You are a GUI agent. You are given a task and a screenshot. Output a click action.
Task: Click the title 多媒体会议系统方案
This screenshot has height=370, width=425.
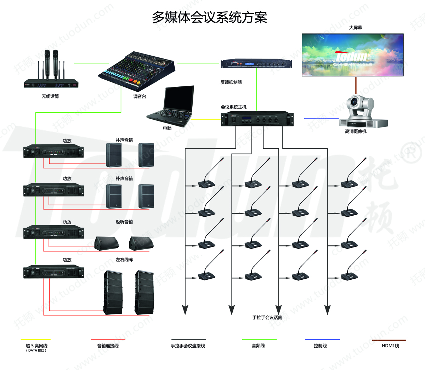(209, 17)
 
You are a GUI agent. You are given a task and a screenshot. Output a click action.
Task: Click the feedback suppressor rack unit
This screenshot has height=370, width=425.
(256, 64)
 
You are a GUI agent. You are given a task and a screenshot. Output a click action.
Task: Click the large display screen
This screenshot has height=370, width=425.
(352, 55)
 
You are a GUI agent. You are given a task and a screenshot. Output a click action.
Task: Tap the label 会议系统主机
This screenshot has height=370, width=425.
(233, 107)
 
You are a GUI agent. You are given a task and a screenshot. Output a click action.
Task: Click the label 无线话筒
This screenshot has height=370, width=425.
(50, 96)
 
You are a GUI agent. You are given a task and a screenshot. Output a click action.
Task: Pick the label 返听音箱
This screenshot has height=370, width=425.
(124, 222)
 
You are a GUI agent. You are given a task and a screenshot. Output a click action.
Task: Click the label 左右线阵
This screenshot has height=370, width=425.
(124, 260)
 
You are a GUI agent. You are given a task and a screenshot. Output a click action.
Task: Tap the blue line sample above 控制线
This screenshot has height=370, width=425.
(322, 340)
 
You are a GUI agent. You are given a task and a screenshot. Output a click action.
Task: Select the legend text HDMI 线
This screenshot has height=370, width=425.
(390, 346)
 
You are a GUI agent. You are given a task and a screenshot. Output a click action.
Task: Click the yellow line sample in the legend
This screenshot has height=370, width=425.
(35, 340)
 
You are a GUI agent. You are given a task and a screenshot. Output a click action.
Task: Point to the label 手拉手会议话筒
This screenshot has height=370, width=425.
(267, 318)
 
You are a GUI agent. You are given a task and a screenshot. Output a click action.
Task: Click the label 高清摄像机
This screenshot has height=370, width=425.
(356, 131)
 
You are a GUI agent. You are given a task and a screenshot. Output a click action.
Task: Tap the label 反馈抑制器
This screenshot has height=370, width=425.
(231, 82)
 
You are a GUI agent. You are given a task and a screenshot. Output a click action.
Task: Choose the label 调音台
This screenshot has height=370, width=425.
(140, 96)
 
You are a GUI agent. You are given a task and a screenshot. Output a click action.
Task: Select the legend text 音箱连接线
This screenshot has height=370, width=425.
(108, 346)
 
